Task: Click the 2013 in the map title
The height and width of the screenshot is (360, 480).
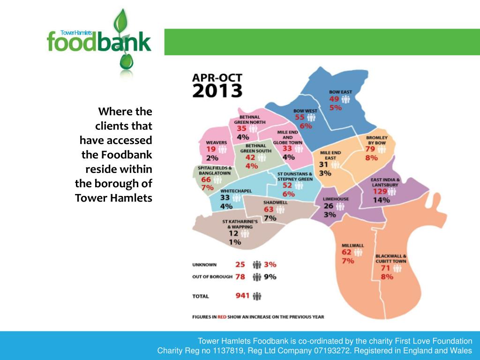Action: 217,90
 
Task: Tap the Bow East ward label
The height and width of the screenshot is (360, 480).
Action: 340,91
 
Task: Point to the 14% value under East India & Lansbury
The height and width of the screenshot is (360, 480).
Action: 381,200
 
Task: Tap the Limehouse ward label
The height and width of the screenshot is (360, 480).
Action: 336,199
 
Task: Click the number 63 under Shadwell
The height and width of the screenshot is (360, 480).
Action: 269,210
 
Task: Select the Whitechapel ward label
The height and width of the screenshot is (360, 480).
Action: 236,191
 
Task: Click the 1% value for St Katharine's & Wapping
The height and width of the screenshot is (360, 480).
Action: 235,242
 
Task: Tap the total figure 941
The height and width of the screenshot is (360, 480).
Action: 242,296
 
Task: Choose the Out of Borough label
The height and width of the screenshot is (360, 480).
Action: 212,277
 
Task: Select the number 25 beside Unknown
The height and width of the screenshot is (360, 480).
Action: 240,264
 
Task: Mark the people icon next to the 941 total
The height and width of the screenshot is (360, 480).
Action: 257,296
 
